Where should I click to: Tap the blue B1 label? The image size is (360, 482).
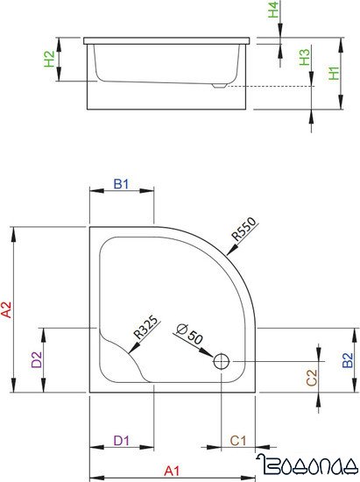[122, 184]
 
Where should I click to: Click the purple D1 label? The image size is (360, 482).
[122, 440]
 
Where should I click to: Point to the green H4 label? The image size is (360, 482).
[274, 12]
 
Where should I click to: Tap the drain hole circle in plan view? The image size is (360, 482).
[222, 359]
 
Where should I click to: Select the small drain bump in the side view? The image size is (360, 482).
[219, 86]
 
